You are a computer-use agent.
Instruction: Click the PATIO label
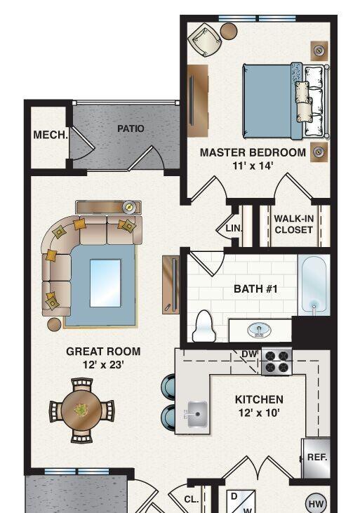131,128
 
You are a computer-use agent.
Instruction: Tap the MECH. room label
51,135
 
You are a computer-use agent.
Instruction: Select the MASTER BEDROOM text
253,152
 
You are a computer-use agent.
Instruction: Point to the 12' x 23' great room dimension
103,364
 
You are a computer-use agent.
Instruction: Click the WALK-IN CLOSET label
293,224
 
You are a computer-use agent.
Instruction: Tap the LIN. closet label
234,228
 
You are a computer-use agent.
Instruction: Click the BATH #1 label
255,289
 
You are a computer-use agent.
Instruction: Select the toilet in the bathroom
204,326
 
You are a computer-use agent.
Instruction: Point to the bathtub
314,284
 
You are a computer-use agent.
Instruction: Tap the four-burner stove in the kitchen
277,361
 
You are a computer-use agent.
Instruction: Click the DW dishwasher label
250,354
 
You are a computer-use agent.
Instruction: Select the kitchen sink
196,414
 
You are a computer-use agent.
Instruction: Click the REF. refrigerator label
317,458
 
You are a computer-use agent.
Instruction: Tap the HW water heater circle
316,504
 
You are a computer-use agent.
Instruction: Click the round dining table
81,410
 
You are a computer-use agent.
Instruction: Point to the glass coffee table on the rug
105,284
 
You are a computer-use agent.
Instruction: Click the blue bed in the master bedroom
286,101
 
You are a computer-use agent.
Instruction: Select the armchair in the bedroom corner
205,40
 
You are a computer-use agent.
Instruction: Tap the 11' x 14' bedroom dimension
253,166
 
